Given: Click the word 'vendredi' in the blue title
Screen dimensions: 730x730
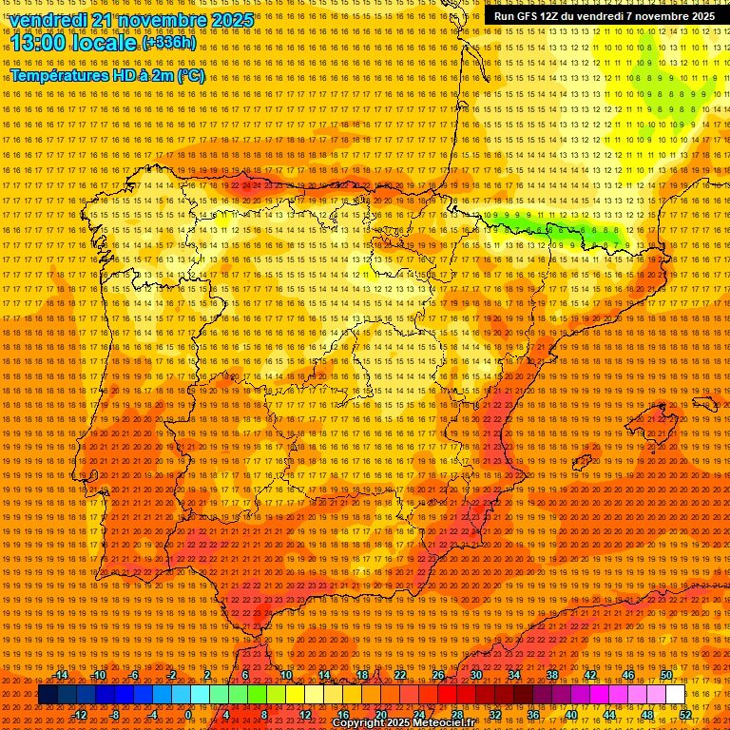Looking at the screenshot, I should click(x=53, y=20).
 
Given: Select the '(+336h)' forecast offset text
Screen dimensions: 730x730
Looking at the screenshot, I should click(x=169, y=42).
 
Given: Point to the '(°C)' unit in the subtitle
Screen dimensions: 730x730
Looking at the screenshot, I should click(x=191, y=76).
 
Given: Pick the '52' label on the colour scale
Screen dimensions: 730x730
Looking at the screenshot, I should click(x=685, y=714).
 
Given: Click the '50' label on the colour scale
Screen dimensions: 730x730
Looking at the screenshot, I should click(x=666, y=675).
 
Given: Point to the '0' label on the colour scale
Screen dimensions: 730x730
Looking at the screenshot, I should click(x=188, y=714).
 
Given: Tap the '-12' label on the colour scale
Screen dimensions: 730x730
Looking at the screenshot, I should click(x=81, y=714).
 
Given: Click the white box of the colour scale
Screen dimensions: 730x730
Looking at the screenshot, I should click(x=676, y=695).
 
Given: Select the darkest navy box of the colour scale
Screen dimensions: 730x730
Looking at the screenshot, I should click(x=48, y=695).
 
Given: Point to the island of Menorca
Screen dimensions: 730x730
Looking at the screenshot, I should click(x=704, y=403).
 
